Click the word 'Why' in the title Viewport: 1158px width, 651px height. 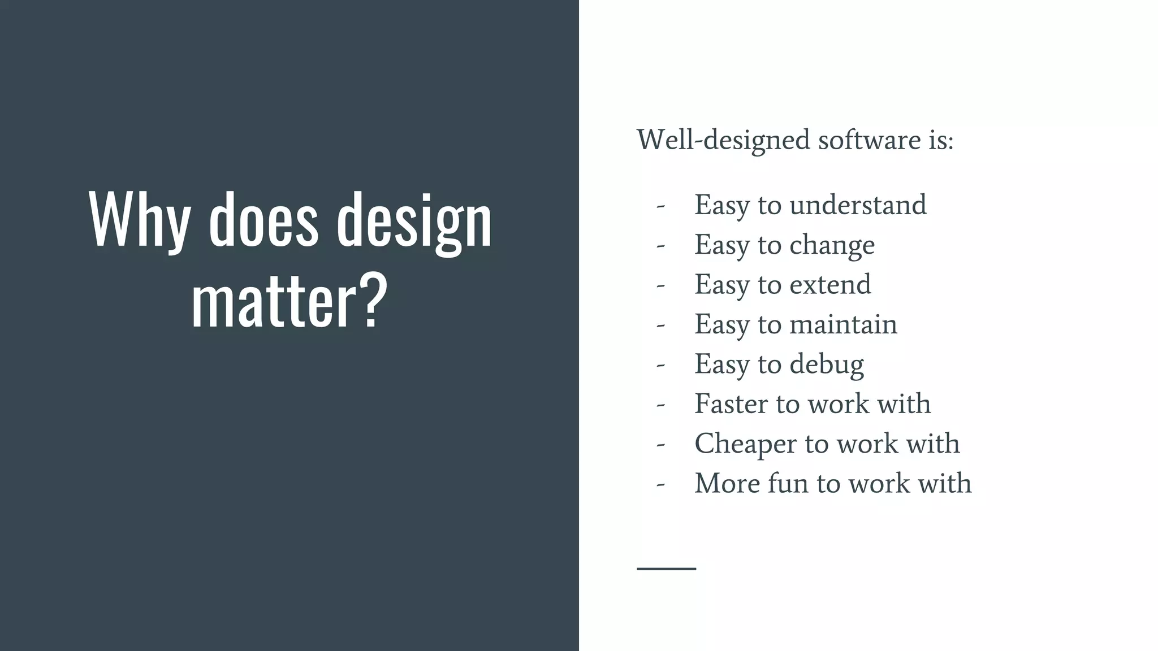click(139, 220)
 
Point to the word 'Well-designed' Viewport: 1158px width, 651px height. click(723, 140)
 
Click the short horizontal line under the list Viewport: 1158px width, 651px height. click(666, 568)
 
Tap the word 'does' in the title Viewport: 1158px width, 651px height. click(263, 220)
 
